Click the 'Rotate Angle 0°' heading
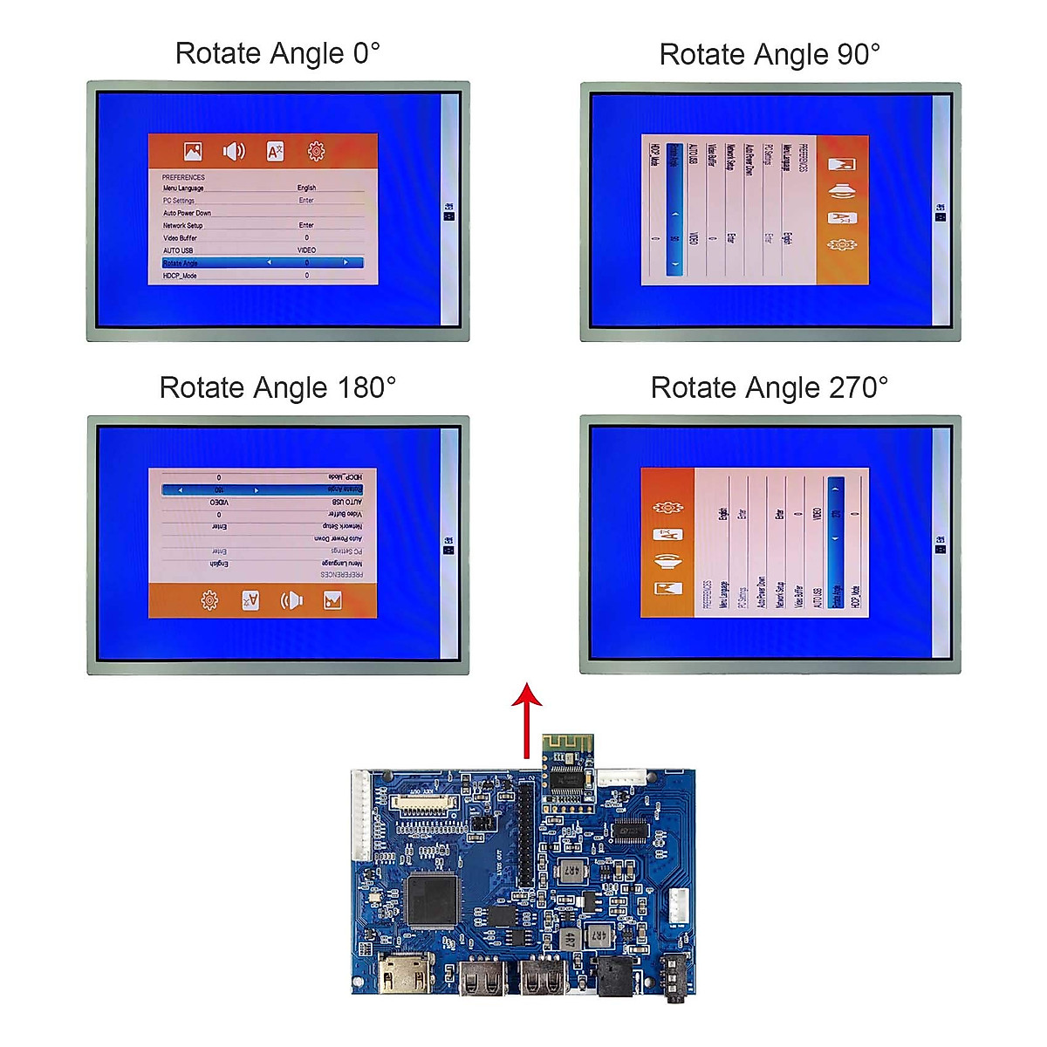click(277, 54)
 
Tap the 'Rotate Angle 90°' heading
click(770, 55)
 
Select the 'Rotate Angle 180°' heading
click(277, 387)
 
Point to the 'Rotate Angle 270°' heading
click(770, 387)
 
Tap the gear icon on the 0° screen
click(316, 152)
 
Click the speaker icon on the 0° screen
click(234, 152)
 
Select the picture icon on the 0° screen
click(193, 152)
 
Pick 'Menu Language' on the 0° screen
click(183, 188)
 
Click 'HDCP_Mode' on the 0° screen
click(180, 276)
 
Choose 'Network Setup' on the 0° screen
click(182, 225)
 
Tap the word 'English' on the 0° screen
click(306, 188)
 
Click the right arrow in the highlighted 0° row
click(346, 263)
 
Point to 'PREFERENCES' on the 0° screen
click(183, 177)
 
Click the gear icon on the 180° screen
click(209, 600)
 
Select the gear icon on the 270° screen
click(667, 507)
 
